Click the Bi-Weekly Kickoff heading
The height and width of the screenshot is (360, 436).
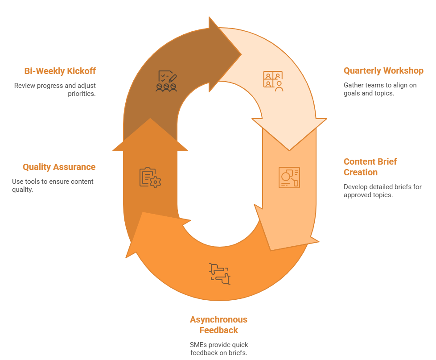(x=60, y=71)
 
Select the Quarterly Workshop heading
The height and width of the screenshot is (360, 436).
(x=383, y=71)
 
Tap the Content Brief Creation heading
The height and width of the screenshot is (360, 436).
(x=370, y=167)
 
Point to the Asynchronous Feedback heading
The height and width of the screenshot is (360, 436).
(x=218, y=325)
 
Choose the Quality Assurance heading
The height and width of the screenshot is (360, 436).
(x=59, y=167)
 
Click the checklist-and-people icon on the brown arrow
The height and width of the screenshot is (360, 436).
(x=166, y=81)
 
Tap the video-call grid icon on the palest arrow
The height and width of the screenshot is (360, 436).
(x=273, y=81)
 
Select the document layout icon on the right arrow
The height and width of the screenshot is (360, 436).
(x=289, y=177)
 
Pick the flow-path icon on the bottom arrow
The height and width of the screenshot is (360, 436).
(x=219, y=274)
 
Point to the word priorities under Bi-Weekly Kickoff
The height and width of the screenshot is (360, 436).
(x=82, y=94)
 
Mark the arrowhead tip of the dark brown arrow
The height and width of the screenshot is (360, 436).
(x=241, y=55)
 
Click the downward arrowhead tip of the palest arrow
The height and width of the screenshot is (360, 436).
(x=289, y=150)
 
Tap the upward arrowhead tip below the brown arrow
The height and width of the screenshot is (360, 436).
(x=150, y=119)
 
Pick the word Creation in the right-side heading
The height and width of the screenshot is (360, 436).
(x=361, y=172)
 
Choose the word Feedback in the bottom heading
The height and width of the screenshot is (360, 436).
(x=218, y=330)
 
